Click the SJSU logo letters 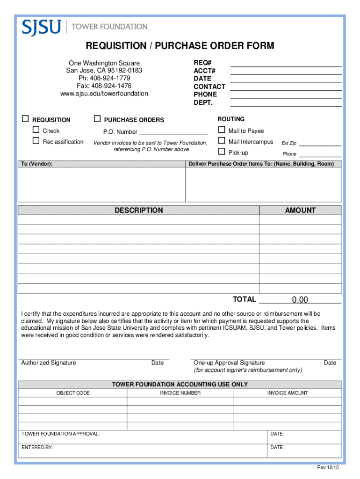click(x=41, y=27)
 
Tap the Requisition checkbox click(x=26, y=119)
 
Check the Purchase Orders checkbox click(x=97, y=119)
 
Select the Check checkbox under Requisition click(x=36, y=130)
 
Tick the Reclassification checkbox click(x=36, y=141)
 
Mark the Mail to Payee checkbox click(x=222, y=130)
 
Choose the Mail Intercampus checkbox click(x=222, y=141)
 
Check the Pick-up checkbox click(x=222, y=152)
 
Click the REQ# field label click(x=202, y=63)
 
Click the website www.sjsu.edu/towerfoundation click(x=104, y=94)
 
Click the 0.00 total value click(x=300, y=300)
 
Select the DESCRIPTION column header click(x=139, y=210)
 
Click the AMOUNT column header click(x=300, y=210)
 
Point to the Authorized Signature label click(x=49, y=363)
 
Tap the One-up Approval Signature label click(x=229, y=363)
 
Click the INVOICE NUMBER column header click(x=180, y=393)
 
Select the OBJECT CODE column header click(x=73, y=393)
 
